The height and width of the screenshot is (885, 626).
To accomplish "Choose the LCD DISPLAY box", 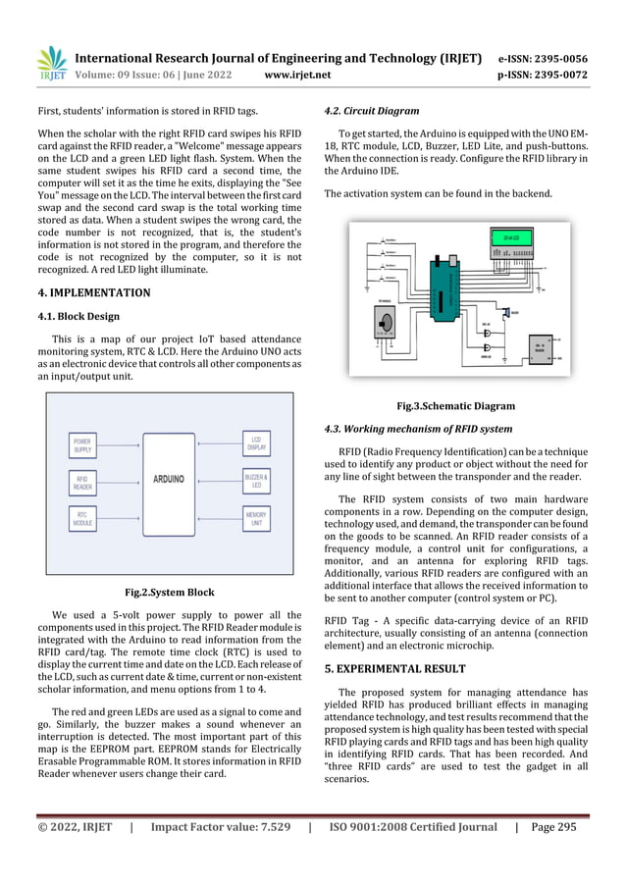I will (x=256, y=444).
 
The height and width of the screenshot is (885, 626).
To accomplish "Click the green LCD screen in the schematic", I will (x=510, y=238).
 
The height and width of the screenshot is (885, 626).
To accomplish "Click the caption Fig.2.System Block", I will (x=169, y=592).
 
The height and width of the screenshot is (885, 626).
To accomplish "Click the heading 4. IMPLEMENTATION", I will (x=94, y=292).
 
